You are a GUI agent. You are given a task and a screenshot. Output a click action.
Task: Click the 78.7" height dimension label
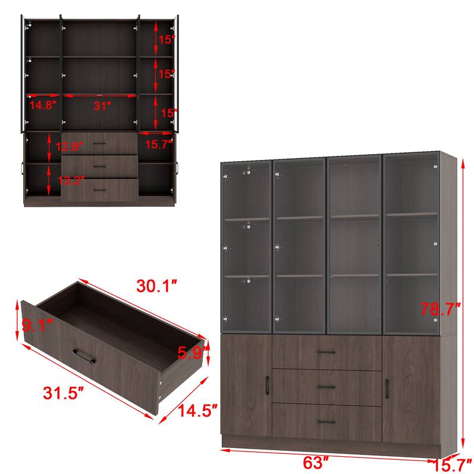coord(440,309)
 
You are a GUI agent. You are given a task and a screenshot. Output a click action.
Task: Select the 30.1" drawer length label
coord(157,287)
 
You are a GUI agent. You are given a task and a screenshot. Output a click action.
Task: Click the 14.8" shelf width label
coord(43,105)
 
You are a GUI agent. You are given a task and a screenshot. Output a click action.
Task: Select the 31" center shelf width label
coord(101,107)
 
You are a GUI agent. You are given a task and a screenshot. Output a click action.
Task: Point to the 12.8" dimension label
coord(72,146)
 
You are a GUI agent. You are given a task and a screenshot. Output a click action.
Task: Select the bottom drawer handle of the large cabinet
coord(326,421)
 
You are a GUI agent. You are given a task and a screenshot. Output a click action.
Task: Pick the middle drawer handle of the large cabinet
coord(326,387)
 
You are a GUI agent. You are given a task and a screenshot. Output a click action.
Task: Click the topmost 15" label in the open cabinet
coord(166,40)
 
